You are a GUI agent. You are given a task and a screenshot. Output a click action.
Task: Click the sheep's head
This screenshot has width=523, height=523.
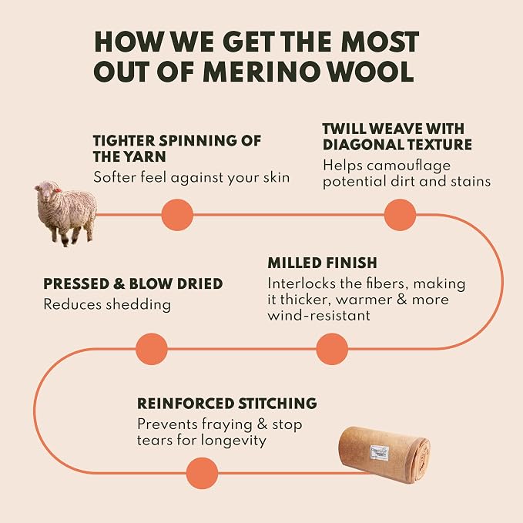47,191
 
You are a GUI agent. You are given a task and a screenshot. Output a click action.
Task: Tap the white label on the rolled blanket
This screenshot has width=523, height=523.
381,453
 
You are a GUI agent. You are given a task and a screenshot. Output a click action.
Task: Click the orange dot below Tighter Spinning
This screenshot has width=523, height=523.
177,215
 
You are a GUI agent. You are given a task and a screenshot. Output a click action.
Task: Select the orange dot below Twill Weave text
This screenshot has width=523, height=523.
400,215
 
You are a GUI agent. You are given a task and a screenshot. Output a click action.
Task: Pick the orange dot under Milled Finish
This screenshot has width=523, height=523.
332,349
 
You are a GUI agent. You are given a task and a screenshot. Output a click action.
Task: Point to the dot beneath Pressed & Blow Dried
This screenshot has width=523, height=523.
152,349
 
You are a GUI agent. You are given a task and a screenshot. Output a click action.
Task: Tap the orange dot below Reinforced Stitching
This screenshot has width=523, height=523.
202,473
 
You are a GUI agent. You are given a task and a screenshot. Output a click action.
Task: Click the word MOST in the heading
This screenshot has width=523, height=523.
380,42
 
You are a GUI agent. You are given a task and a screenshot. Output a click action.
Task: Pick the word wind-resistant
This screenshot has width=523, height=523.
319,316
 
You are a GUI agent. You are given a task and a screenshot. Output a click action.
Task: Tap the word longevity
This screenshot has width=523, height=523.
233,441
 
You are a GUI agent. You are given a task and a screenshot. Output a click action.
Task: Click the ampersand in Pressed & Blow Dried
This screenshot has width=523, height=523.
119,284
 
